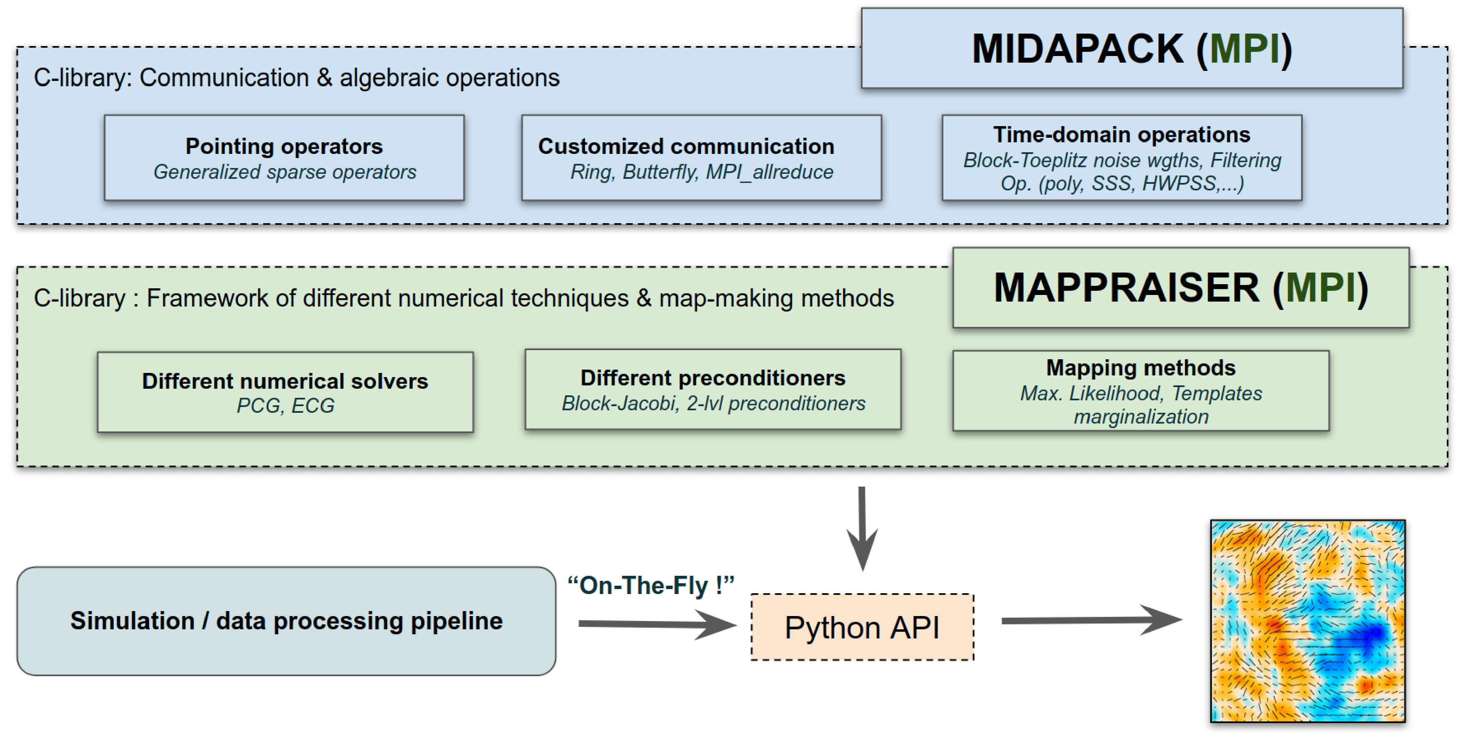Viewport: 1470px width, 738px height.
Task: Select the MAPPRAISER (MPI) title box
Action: coord(1180,287)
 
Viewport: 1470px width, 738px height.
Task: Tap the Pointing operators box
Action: coord(284,158)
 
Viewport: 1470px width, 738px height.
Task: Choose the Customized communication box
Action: coord(701,158)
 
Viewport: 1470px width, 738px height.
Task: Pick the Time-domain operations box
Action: coord(1121,158)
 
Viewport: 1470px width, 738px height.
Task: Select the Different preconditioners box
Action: coord(713,389)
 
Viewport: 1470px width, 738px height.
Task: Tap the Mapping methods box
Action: coord(1140,391)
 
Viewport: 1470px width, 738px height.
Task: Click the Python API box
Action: coord(862,627)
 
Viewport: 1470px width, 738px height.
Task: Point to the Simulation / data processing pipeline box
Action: coord(286,621)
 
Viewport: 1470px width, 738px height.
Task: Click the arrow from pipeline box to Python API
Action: coord(656,624)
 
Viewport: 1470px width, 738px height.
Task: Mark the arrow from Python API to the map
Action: coord(1090,620)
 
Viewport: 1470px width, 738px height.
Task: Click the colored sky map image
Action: coord(1307,621)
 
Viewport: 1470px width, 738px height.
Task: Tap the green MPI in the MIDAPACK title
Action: coord(1244,49)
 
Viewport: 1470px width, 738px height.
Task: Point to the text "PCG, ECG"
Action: coord(285,405)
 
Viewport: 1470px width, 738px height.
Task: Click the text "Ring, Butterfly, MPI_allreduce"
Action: coord(701,172)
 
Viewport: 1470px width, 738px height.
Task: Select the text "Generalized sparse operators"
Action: coord(285,172)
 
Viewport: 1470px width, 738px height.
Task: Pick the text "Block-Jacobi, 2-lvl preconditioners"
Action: coord(713,404)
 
